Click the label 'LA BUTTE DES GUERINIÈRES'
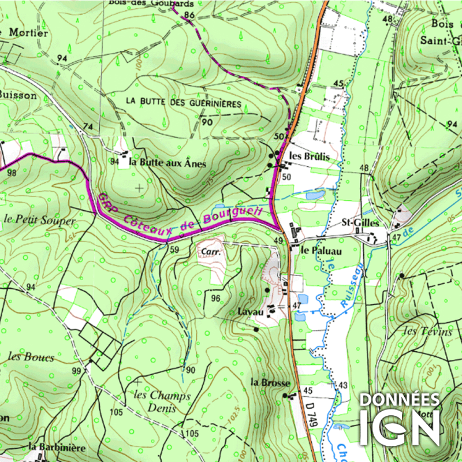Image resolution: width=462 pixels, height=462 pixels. (183, 101)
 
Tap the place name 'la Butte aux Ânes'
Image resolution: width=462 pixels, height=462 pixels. (167, 163)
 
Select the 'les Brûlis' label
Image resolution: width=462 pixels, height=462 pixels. (310, 157)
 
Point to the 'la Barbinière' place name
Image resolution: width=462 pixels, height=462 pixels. (58, 448)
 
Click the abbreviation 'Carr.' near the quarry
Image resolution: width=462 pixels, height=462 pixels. (208, 251)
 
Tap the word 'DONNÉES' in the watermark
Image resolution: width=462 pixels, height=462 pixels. (400, 400)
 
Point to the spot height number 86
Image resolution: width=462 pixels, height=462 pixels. (188, 14)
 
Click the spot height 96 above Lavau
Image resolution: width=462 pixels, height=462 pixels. (216, 299)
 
